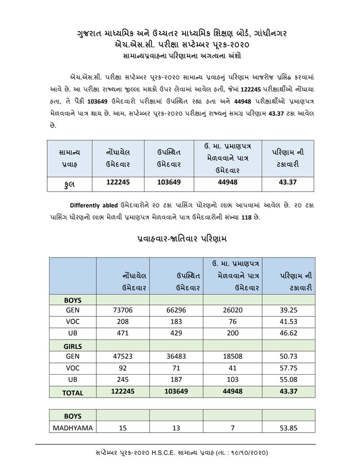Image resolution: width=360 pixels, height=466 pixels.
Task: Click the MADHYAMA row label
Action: [73, 428]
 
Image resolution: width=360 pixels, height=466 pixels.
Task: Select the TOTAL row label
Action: [72, 393]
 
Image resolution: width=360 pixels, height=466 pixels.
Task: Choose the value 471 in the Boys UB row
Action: [122, 334]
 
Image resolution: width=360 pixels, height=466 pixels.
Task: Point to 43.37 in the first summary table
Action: [288, 183]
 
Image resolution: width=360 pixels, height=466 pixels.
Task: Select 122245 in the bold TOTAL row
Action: [122, 392]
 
